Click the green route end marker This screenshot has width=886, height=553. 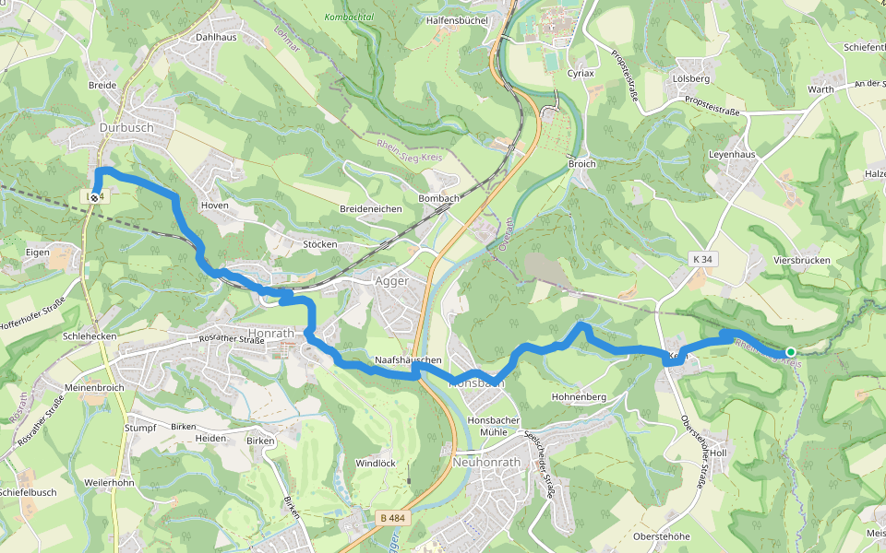(x=791, y=351)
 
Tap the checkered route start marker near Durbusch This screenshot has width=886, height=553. (x=94, y=196)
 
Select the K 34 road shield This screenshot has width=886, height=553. (x=701, y=261)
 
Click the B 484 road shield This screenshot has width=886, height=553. (x=392, y=519)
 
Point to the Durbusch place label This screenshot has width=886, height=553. (x=125, y=127)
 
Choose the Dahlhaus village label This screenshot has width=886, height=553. (x=216, y=38)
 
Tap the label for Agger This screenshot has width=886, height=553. (x=391, y=281)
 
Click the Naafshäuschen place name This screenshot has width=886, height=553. (x=408, y=359)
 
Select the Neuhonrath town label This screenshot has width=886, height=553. (x=494, y=462)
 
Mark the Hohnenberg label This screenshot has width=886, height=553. (x=578, y=396)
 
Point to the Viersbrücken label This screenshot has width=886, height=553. (x=801, y=261)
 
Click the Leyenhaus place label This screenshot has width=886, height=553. (x=732, y=155)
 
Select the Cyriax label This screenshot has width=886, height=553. (x=581, y=72)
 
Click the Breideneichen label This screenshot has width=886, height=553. (x=370, y=209)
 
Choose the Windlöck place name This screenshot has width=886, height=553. (x=376, y=463)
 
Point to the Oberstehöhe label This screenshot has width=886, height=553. (x=662, y=536)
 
